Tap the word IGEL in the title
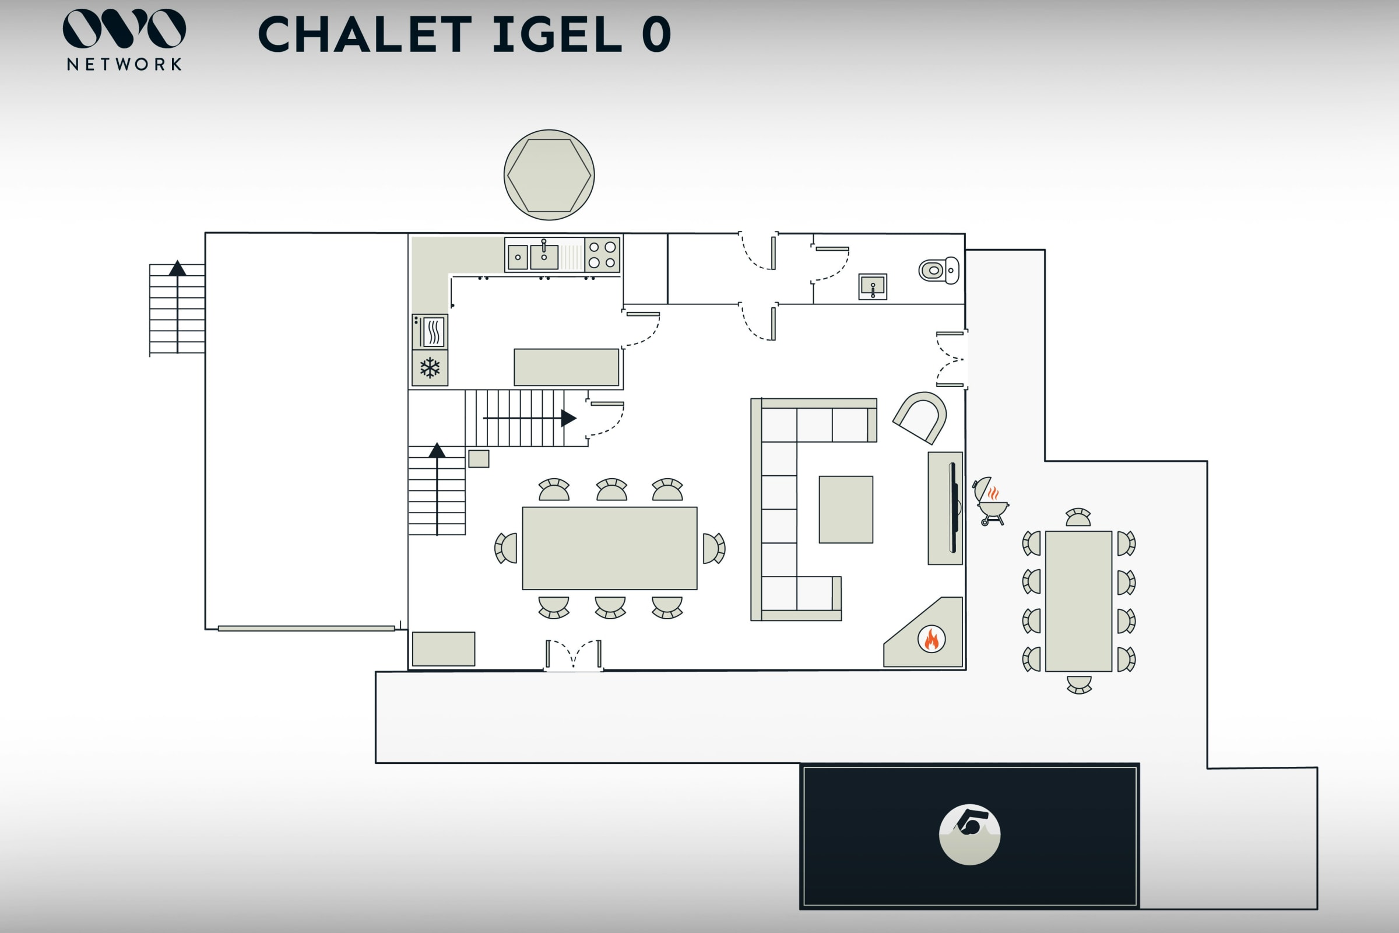point(557,34)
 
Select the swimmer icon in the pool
point(969,834)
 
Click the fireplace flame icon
point(932,639)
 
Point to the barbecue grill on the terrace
point(991,501)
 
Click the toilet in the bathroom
point(938,270)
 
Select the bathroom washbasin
point(873,286)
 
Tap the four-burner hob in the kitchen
point(602,255)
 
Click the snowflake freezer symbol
point(430,368)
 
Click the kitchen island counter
point(566,367)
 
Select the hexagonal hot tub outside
point(549,175)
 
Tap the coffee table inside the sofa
point(846,509)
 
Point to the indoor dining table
point(610,548)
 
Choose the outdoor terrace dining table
point(1078,601)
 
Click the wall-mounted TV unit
point(945,508)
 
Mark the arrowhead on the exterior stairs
point(177,268)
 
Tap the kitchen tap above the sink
point(544,245)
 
